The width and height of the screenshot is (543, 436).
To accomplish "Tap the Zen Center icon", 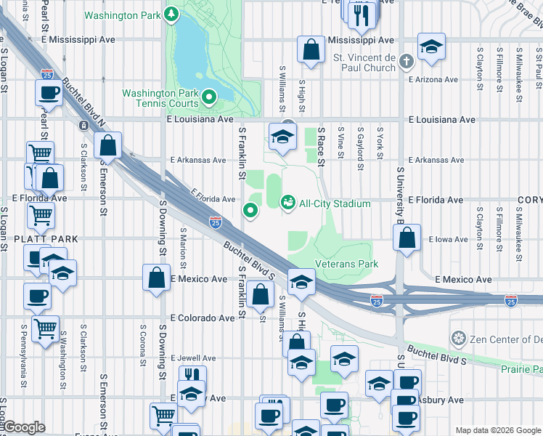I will tap(458, 339).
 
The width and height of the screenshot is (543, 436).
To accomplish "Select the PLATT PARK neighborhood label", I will tap(29, 239).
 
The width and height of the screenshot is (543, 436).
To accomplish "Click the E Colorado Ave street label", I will tap(203, 318).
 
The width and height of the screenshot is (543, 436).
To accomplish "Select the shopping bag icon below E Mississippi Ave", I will tap(311, 49).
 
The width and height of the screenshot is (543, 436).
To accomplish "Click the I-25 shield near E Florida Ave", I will tap(215, 221).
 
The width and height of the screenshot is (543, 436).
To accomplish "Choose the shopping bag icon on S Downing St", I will tap(157, 277).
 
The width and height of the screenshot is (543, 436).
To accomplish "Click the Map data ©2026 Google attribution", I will tap(497, 430).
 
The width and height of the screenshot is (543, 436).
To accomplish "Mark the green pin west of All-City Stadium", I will tap(251, 211).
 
